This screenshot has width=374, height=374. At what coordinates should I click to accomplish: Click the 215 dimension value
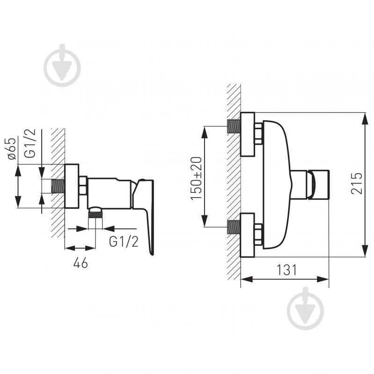[x=357, y=183]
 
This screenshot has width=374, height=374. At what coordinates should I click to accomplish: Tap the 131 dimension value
[x=286, y=270]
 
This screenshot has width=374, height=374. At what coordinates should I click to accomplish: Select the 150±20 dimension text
[x=196, y=178]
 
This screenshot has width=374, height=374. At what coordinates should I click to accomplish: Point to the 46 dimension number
[x=81, y=263]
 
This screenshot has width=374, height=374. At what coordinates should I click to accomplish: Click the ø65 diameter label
[x=12, y=148]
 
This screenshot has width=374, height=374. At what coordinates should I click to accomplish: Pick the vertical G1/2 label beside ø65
[x=30, y=143]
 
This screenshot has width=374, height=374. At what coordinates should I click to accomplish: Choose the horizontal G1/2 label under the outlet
[x=124, y=242]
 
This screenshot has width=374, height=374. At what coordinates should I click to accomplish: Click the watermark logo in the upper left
[x=62, y=65]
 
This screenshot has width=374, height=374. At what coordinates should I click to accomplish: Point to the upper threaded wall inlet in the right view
[x=234, y=126]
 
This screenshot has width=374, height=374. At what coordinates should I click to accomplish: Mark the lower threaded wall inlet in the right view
[x=234, y=227]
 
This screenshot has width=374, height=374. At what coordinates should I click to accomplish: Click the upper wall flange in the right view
[x=248, y=134]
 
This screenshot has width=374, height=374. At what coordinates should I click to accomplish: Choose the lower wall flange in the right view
[x=248, y=235]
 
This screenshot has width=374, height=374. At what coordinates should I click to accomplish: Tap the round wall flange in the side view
[x=72, y=186]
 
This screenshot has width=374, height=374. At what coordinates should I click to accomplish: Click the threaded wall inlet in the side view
[x=58, y=186]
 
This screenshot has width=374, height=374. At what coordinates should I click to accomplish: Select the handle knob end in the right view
[x=318, y=184]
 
